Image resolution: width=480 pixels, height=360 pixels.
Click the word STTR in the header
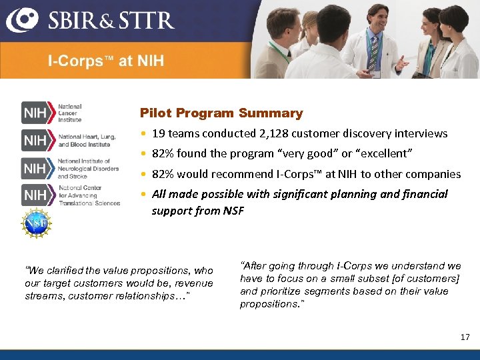[148, 20]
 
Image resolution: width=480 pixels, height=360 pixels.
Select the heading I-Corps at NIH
[105, 61]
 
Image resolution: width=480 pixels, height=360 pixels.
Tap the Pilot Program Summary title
[221, 113]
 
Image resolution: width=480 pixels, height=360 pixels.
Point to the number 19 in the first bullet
[158, 133]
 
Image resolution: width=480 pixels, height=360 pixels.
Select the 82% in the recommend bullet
[163, 174]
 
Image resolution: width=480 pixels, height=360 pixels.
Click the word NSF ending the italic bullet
[233, 211]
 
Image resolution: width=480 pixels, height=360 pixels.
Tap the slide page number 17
[465, 337]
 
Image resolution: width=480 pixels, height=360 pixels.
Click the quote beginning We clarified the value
[119, 283]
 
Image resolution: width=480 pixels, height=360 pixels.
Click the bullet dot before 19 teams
[143, 133]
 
